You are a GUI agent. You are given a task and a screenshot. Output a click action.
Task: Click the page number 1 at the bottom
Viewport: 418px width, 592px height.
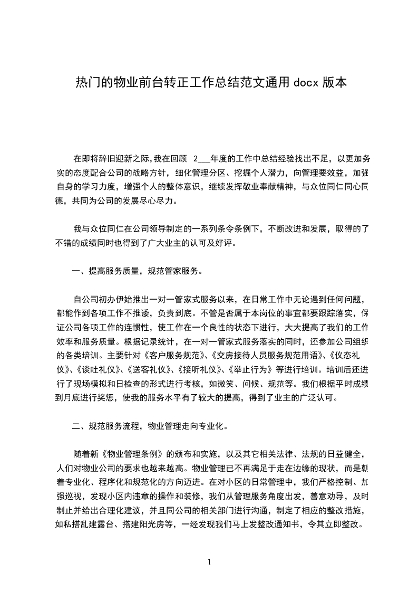pyautogui.click(x=209, y=561)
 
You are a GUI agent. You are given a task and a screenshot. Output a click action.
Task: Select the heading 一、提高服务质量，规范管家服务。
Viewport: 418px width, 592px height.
pyautogui.click(x=137, y=271)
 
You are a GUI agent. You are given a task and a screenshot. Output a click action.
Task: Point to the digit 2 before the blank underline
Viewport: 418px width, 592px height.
pyautogui.click(x=196, y=158)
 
